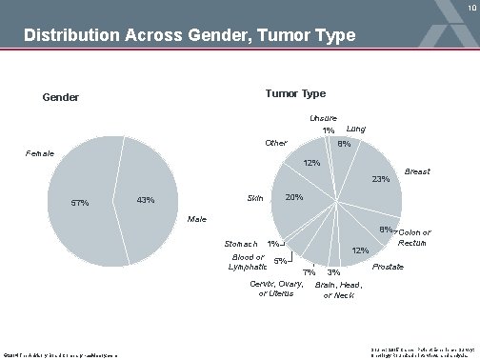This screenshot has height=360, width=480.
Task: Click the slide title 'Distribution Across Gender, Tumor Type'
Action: coord(190,37)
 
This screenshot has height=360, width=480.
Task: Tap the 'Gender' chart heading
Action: coord(61,98)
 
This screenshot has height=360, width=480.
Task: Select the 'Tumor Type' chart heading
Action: coord(295,93)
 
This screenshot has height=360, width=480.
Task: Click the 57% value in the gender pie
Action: coord(81,202)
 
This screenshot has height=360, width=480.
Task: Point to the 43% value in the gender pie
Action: coord(146,200)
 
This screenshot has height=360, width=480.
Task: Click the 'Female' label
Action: coord(40,153)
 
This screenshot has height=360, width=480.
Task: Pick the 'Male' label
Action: coord(197,220)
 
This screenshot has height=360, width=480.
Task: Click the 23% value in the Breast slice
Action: coord(380,179)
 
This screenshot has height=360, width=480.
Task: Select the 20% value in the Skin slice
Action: coord(294,197)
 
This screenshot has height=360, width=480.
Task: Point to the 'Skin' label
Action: coord(255,198)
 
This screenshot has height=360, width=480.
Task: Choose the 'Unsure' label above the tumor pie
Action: coord(323,118)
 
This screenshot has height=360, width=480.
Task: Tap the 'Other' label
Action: coord(276,144)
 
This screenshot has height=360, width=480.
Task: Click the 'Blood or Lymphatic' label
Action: coord(248,262)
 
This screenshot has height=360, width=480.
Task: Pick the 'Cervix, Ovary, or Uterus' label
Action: coord(277,290)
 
